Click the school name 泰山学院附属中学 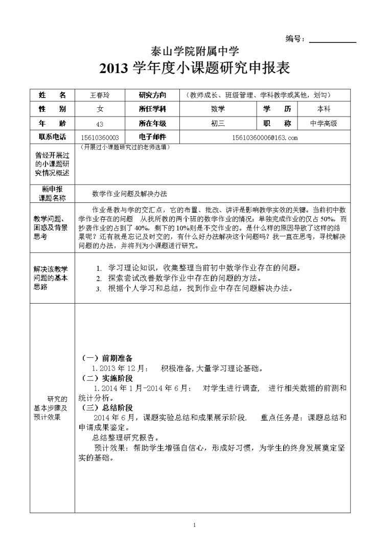coord(195,51)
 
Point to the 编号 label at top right coord(295,39)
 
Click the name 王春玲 coord(100,95)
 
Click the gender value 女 coord(100,109)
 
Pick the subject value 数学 coord(218,109)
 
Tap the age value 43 coord(100,124)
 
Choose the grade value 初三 coord(218,123)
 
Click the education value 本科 coord(324,109)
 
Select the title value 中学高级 coord(324,123)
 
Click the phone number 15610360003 coord(100,137)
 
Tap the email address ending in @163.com coord(265,137)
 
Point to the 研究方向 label coord(152,95)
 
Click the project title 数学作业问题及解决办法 coord(129,194)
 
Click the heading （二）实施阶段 coord(107,378)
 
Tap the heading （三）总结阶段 coord(107,408)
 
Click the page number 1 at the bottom coord(195,525)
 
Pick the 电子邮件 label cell coord(152,137)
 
